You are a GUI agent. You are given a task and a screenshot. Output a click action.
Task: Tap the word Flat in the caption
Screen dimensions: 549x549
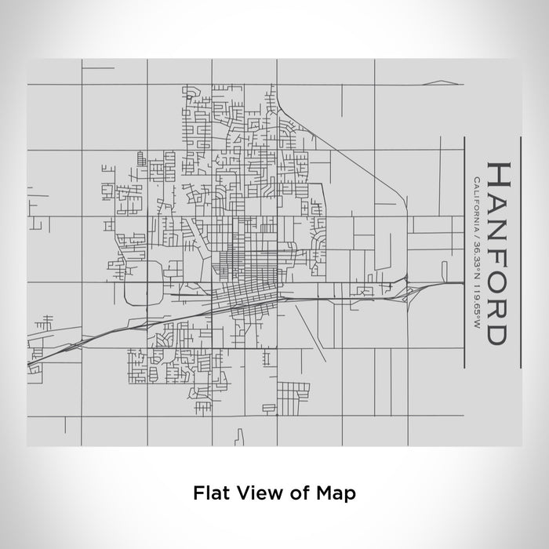(208, 493)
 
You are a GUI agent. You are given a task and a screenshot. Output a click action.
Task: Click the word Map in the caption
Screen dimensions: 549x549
(338, 493)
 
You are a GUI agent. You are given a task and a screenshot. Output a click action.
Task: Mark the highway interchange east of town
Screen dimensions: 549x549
(409, 291)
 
